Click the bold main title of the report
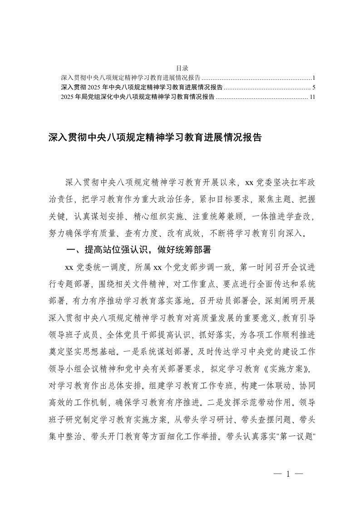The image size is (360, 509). click(155, 138)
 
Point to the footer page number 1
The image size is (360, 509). click(288, 475)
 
